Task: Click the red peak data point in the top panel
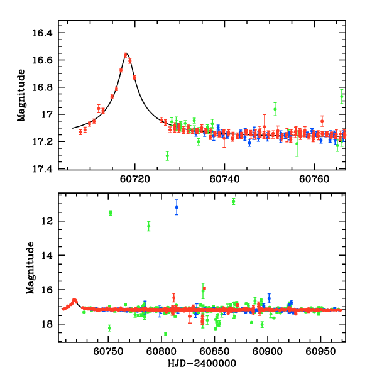pyautogui.click(x=126, y=55)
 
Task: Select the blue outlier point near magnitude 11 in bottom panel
pyautogui.click(x=177, y=207)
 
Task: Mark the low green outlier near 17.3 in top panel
pyautogui.click(x=167, y=155)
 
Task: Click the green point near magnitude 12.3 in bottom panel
pyautogui.click(x=149, y=226)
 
